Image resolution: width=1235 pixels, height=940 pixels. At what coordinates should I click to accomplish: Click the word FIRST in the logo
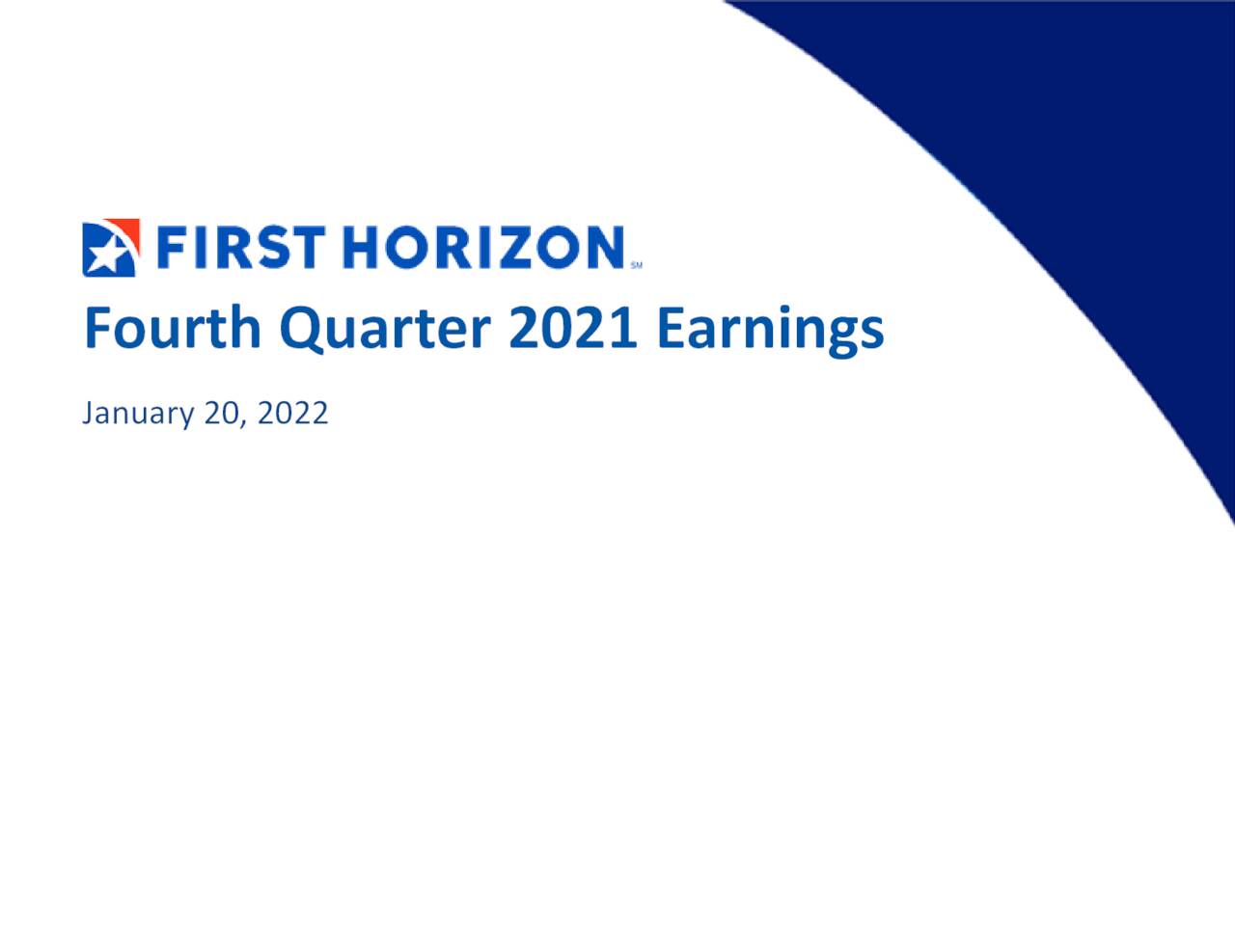pos(239,248)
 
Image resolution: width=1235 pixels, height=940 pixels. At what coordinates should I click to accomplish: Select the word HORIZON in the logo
pos(483,248)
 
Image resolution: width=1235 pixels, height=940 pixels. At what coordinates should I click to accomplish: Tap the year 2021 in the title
pos(572,328)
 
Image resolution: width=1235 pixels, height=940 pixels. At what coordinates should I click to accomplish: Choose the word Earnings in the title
pos(770,328)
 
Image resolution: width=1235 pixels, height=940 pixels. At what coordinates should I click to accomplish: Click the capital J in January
pos(89,413)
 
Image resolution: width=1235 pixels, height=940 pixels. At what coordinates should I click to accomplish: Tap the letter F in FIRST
pos(171,248)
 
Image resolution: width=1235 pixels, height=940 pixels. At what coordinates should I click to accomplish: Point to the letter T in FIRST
pos(307,248)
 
